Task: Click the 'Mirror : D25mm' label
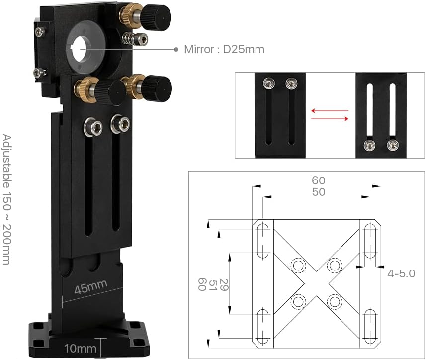point(224,49)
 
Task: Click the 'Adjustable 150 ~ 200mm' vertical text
point(6,199)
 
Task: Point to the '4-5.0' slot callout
point(401,273)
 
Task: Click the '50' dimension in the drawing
point(318,192)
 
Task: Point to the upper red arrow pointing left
point(329,111)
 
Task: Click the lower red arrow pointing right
point(329,118)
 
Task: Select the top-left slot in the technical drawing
point(263,241)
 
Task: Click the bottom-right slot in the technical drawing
point(370,326)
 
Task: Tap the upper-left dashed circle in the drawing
point(298,266)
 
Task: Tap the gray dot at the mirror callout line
point(176,49)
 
